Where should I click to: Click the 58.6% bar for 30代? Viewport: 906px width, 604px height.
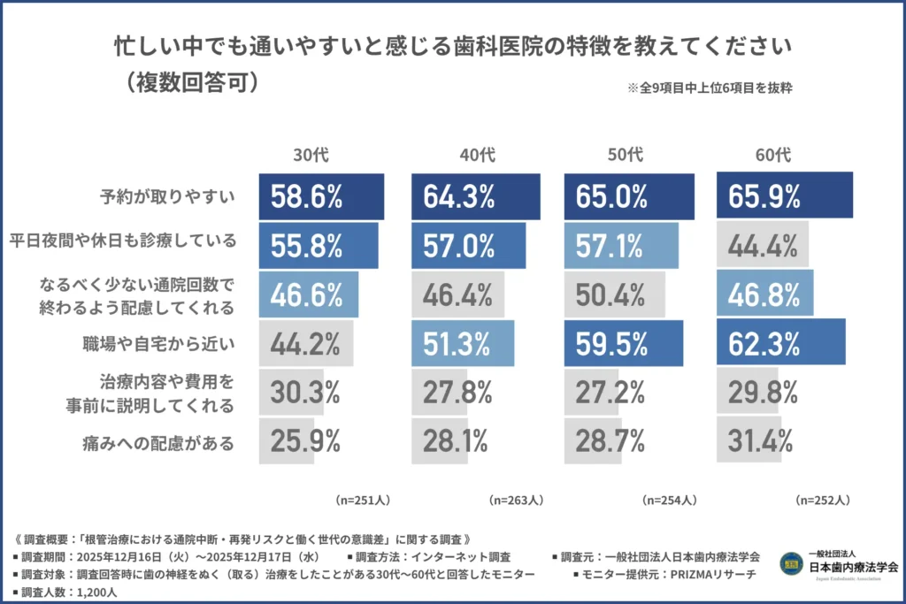pyautogui.click(x=321, y=196)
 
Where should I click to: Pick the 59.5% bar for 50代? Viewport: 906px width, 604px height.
pyautogui.click(x=624, y=343)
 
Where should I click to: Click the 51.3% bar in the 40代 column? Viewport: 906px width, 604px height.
pyautogui.click(x=462, y=343)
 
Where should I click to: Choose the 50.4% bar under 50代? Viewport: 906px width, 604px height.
pyautogui.click(x=610, y=294)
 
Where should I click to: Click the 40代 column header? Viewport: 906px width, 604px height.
pyautogui.click(x=477, y=155)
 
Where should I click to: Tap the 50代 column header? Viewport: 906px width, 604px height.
pyautogui.click(x=627, y=155)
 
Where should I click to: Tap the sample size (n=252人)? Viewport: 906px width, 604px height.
pyautogui.click(x=823, y=501)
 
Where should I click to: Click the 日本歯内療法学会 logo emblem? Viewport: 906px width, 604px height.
pyautogui.click(x=790, y=563)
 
